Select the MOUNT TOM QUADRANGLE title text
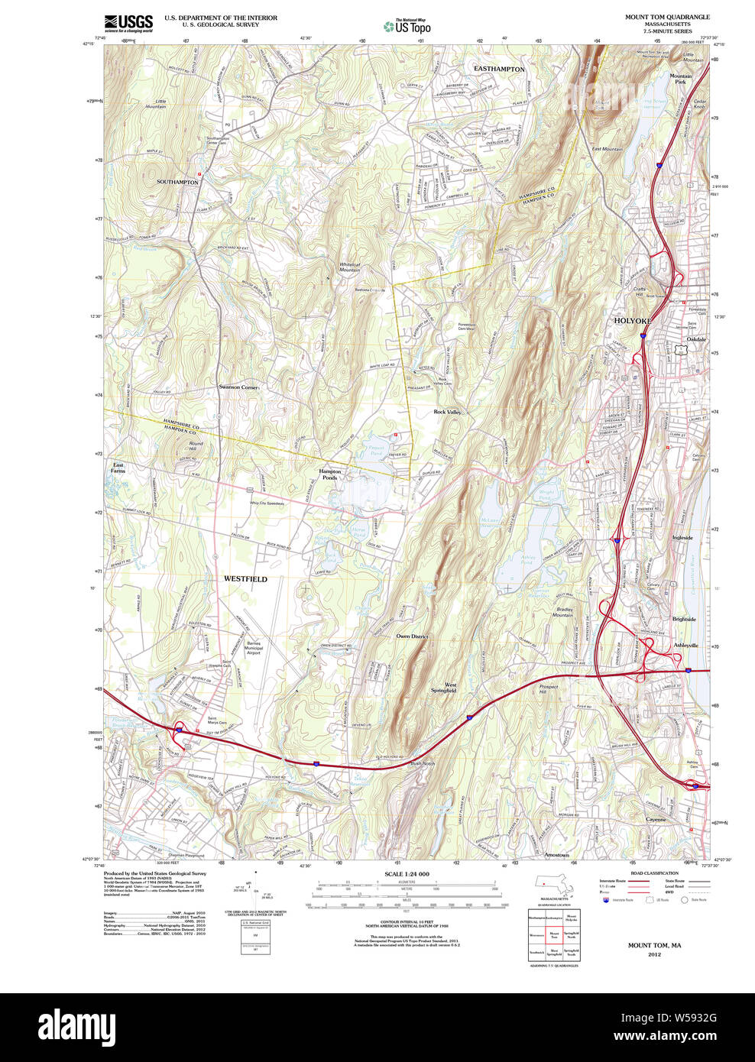pos(667,17)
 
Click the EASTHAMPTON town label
pos(499,69)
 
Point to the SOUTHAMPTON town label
pos(177,182)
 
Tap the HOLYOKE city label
pos(633,321)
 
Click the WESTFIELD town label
pos(245,579)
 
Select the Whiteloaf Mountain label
pos(349,267)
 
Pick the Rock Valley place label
pos(447,412)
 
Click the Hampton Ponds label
pos(330,474)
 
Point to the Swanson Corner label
pos(238,387)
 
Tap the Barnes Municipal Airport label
pos(254,648)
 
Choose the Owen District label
pos(412,636)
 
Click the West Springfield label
pos(444,688)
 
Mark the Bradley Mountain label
pos(564,613)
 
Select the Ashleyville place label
pos(685,646)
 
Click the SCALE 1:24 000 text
pos(407,874)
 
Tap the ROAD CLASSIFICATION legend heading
pos(654,873)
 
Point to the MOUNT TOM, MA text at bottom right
pos(654,945)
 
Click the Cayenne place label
pos(656,820)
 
